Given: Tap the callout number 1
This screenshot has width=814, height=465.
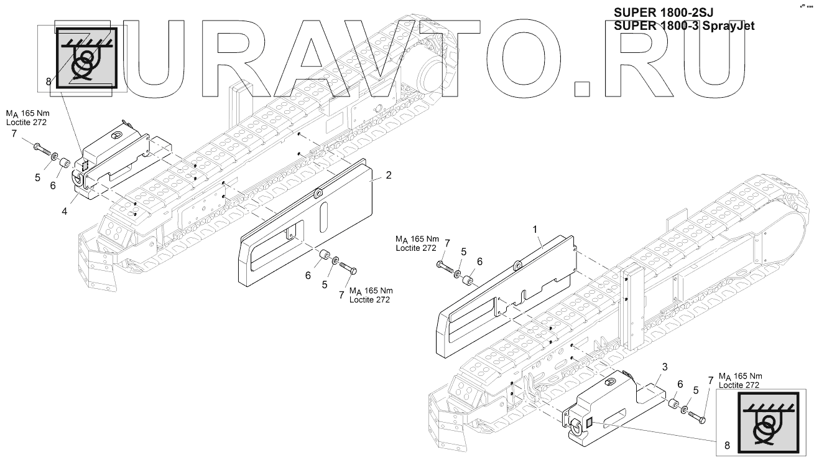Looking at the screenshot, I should (534, 230).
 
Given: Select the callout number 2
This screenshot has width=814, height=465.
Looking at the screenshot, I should (389, 175).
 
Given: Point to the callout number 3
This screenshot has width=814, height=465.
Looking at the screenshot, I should (664, 367).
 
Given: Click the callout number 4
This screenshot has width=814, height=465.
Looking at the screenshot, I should (65, 211).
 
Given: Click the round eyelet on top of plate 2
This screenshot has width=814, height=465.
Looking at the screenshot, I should (318, 194).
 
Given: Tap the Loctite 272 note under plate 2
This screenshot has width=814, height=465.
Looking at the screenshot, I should (369, 299).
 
